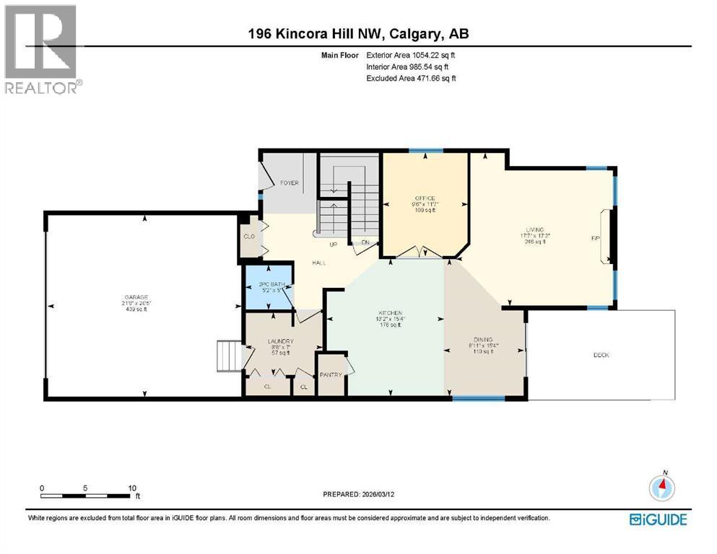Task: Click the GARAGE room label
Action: [136, 297]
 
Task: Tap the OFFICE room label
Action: [425, 198]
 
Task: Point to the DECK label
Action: [601, 355]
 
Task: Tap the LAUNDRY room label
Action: [278, 341]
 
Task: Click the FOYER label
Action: [289, 183]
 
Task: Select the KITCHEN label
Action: [388, 313]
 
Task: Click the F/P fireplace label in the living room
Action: [596, 237]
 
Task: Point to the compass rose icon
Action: [661, 488]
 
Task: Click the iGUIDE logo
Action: [658, 519]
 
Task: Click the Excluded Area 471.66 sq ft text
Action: [412, 78]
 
